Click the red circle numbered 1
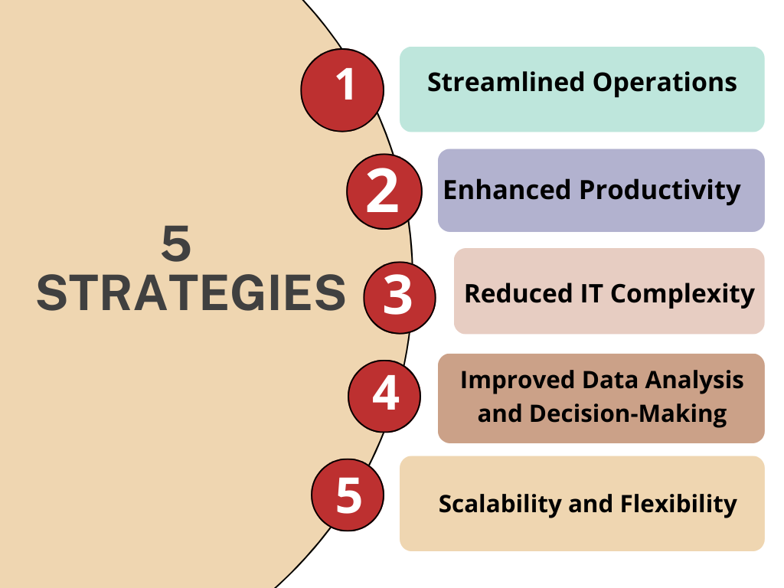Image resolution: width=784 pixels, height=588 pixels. point(342,90)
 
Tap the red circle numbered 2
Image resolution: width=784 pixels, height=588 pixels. point(384,191)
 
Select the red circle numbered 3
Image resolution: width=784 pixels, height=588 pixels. point(400,298)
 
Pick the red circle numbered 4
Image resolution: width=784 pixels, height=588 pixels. point(384,396)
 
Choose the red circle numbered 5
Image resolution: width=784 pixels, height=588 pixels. point(348,495)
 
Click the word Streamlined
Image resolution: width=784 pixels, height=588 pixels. point(506,82)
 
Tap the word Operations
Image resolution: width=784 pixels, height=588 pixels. point(665,83)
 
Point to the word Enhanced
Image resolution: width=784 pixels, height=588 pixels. point(507,190)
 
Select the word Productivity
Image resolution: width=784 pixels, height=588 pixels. point(660,191)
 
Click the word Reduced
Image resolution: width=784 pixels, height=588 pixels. point(518,293)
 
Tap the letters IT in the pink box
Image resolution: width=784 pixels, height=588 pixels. point(592,293)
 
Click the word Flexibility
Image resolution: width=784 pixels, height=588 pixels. point(678,505)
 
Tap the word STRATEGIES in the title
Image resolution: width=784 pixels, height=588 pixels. point(191,293)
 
